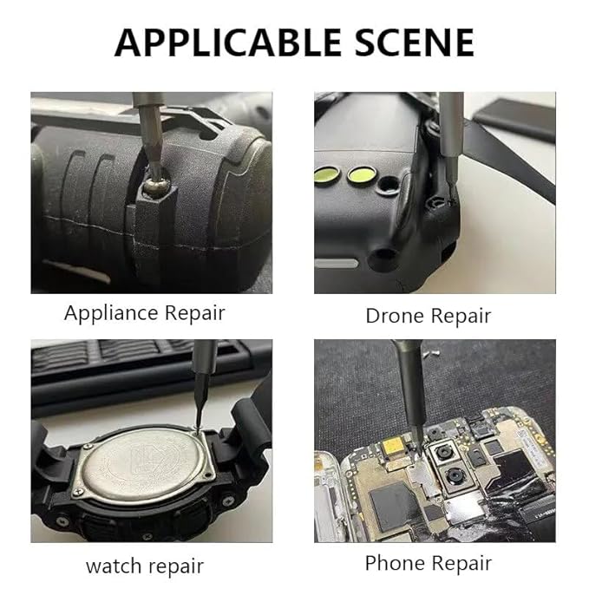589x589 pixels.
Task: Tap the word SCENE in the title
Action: (x=415, y=43)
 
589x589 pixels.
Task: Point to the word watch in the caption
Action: (x=113, y=566)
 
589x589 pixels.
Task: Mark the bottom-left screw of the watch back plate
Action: (x=78, y=492)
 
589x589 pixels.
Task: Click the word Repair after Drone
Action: (x=461, y=317)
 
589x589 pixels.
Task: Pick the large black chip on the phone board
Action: (x=394, y=504)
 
